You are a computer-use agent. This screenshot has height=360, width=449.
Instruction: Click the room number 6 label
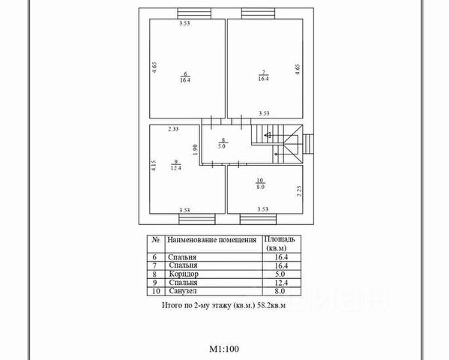click(185, 73)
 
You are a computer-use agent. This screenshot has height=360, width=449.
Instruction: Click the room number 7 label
click(263, 73)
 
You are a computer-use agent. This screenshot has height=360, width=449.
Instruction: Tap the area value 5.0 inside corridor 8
click(222, 146)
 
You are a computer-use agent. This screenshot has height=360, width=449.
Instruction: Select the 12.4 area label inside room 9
click(175, 168)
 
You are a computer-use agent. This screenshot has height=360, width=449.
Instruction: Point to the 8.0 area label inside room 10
click(260, 187)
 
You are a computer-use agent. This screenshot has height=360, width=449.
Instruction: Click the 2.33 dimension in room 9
click(173, 129)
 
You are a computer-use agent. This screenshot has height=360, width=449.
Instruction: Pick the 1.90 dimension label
click(196, 149)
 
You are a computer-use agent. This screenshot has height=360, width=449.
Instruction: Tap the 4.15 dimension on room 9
click(154, 166)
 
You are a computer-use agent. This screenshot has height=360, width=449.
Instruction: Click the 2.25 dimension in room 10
click(299, 191)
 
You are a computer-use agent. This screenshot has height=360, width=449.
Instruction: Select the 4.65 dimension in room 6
click(154, 67)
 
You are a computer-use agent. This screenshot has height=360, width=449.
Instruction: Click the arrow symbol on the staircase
click(268, 134)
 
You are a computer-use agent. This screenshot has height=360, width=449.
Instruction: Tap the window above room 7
click(258, 13)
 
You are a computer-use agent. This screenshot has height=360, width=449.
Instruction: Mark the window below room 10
click(258, 219)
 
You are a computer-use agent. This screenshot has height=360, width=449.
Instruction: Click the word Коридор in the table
click(184, 274)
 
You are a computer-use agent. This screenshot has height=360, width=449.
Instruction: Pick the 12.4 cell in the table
click(281, 283)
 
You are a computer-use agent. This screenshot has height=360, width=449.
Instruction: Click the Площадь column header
click(279, 239)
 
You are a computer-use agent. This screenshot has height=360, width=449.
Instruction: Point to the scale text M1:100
click(224, 349)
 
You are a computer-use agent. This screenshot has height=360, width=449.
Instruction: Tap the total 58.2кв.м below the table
click(271, 305)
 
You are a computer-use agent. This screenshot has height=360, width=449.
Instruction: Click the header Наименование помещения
click(211, 240)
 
